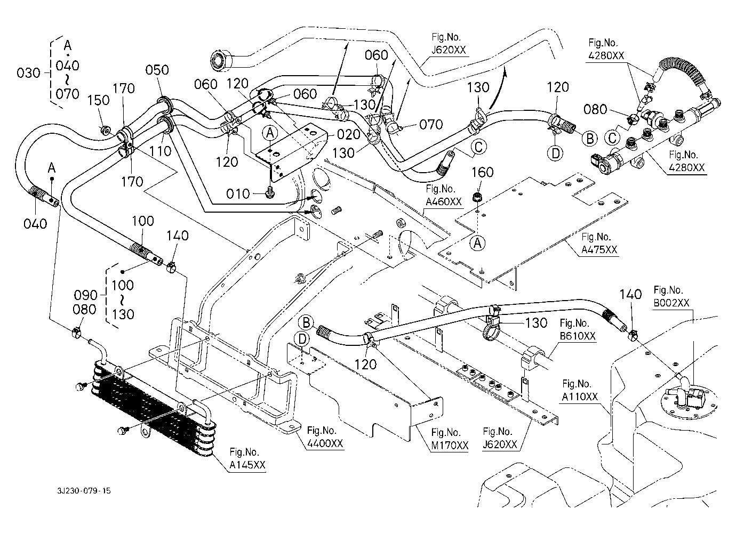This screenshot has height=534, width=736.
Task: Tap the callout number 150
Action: click(98, 101)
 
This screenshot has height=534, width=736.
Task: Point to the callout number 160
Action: click(482, 172)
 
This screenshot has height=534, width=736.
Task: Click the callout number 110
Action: click(160, 151)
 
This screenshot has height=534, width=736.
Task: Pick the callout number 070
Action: click(431, 125)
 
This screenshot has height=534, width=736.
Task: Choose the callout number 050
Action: click(157, 70)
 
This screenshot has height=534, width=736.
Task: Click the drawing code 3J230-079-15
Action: click(86, 490)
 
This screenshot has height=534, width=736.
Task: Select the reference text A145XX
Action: click(247, 465)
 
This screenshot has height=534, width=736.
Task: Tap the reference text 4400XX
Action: click(325, 443)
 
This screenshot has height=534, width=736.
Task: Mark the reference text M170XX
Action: click(450, 445)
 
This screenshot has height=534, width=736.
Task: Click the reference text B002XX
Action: click(671, 302)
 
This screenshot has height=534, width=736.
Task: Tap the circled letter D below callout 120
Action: click(555, 153)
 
